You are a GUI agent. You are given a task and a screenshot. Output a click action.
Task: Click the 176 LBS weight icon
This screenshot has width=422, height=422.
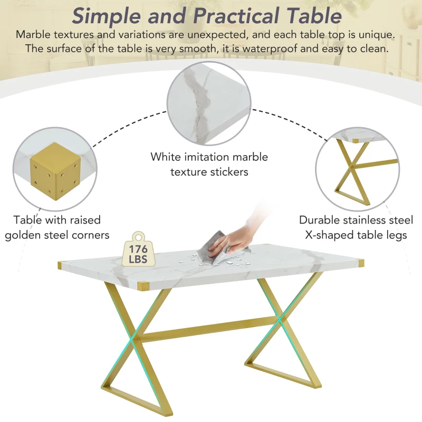point(138,250)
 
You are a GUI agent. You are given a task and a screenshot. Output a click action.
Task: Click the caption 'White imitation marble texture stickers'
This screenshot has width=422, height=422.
point(209,164)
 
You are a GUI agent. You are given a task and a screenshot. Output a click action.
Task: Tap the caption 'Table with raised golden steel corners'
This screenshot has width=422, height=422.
point(57,227)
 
